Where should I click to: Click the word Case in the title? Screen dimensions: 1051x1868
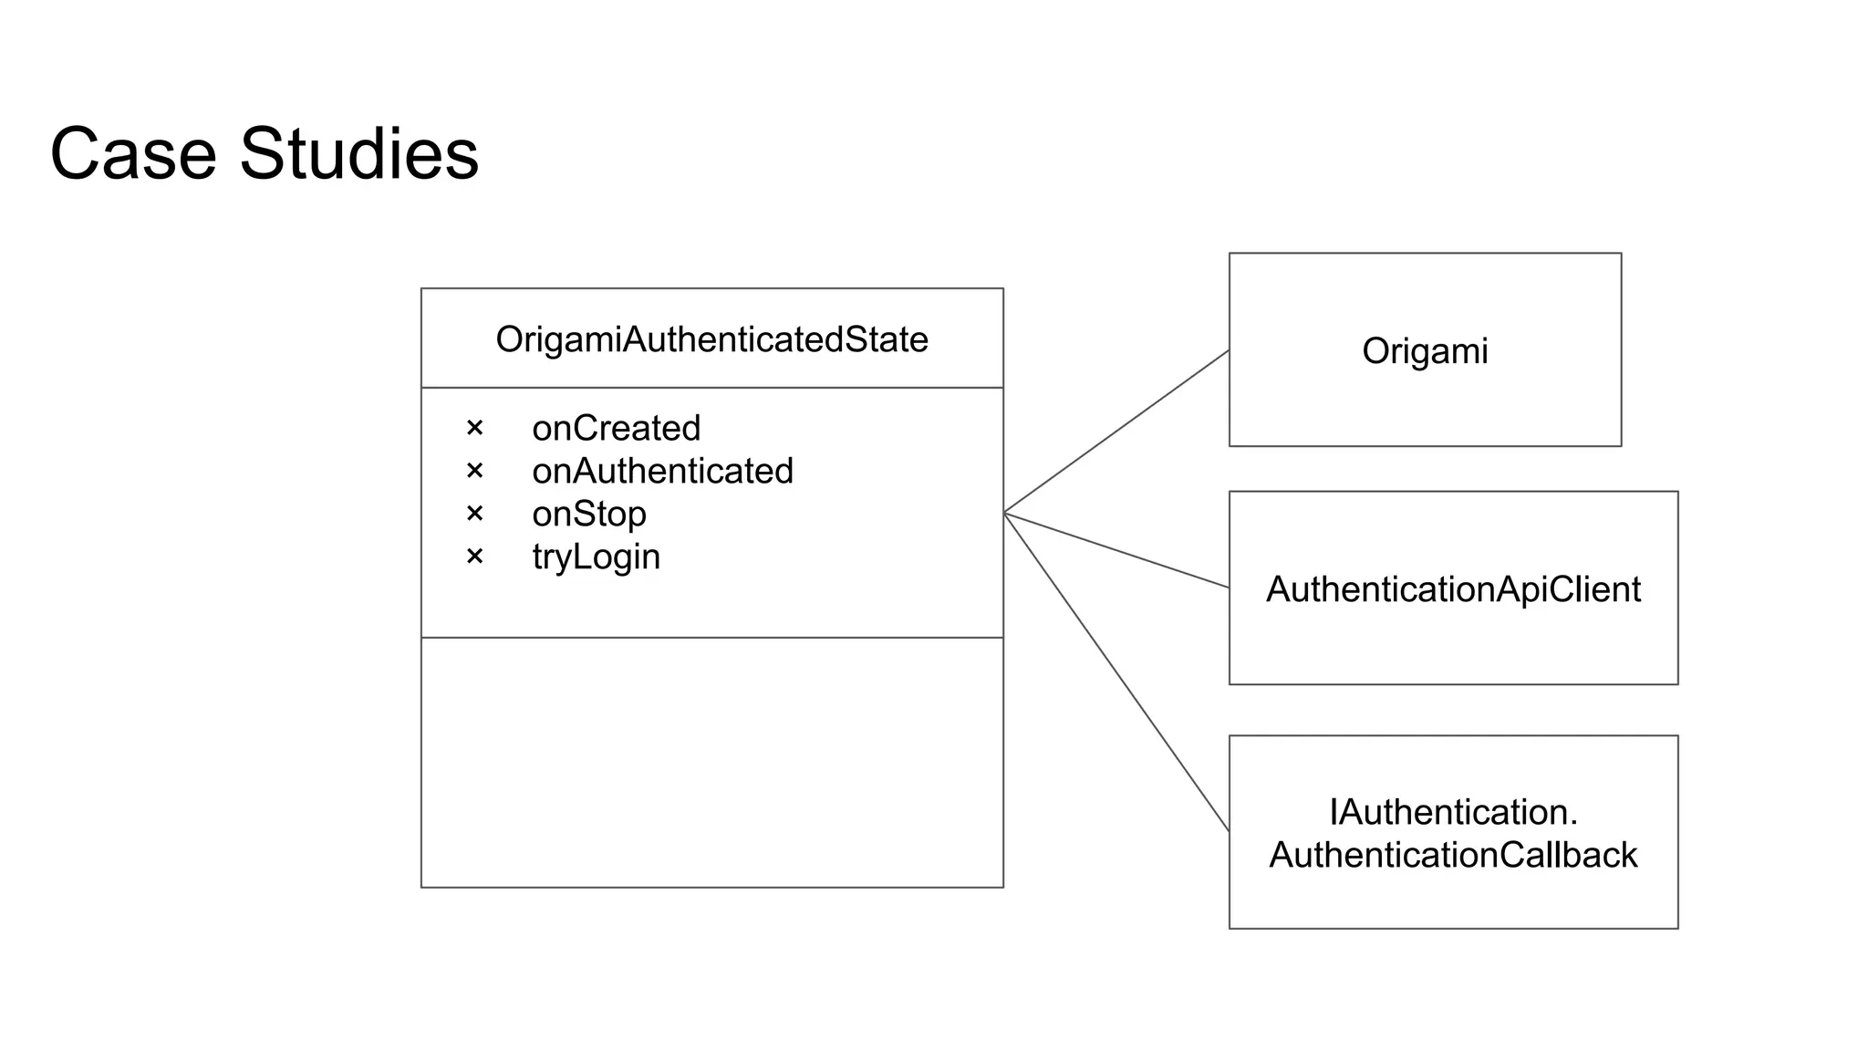[133, 153]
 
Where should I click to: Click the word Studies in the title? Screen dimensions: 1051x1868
[358, 153]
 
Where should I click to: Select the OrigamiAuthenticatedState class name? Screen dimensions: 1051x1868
[711, 339]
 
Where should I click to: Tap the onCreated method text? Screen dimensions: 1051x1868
[616, 428]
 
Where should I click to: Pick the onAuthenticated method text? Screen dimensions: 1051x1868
[662, 471]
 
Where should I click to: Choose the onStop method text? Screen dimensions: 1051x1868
[588, 514]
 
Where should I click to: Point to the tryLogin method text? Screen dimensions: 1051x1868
[596, 557]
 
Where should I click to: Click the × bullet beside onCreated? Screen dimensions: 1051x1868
[474, 428]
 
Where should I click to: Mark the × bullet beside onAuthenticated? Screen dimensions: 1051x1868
[474, 471]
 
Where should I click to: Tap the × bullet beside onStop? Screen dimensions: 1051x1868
[474, 514]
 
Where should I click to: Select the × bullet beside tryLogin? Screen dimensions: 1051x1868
[474, 557]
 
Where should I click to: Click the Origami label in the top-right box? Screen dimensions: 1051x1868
[1425, 351]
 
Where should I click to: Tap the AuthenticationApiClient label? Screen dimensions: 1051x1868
[1453, 589]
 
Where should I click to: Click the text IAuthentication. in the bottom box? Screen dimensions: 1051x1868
[1453, 812]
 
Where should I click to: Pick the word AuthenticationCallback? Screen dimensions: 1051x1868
[1453, 855]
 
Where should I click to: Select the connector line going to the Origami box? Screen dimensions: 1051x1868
[1116, 432]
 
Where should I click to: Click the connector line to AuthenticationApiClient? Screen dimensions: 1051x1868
[1116, 550]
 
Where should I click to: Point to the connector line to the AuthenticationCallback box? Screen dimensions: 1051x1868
[1116, 672]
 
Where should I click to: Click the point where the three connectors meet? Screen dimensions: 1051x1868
[1004, 513]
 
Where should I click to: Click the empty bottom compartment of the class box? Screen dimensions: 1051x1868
[711, 762]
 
